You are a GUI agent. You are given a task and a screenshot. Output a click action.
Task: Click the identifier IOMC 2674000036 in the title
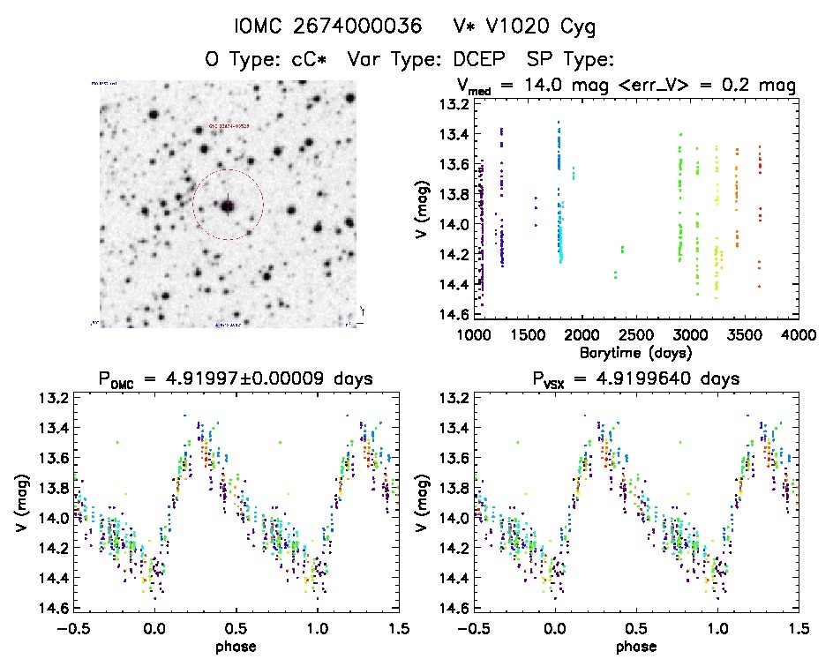324,27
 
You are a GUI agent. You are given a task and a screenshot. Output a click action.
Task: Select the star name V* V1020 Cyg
520,27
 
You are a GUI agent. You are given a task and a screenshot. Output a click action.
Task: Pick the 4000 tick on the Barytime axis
799,336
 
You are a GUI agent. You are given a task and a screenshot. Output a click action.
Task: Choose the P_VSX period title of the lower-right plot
633,379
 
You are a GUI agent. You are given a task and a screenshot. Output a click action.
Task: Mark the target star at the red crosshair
228,206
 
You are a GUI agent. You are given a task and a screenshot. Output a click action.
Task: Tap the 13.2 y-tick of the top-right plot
453,105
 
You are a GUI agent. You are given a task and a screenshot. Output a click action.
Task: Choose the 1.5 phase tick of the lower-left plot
399,628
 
